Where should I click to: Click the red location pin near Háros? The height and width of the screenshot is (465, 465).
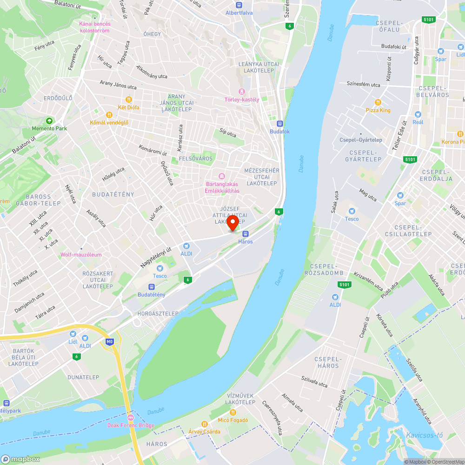point(233,222)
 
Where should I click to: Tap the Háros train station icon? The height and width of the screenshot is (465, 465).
point(246,234)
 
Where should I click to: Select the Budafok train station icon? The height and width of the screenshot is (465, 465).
point(279,124)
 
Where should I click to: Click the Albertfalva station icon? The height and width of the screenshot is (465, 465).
point(239,5)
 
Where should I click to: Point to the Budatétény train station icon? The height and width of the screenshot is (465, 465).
point(151,287)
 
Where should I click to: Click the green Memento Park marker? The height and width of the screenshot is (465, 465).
point(49,120)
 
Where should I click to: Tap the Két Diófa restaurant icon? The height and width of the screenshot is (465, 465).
point(129,100)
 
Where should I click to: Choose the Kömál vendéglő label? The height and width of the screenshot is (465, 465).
point(109,123)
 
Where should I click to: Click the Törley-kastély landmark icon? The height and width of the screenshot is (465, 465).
point(241,92)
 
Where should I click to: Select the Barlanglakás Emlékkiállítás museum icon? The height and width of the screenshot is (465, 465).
point(222,176)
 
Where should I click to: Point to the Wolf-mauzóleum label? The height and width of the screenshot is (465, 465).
point(81,255)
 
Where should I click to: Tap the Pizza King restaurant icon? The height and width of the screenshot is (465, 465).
point(378,102)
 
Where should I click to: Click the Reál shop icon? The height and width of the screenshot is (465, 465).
point(418,114)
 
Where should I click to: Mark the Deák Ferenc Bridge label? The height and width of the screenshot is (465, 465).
point(131,425)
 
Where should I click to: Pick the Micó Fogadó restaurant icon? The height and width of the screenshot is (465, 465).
point(233,412)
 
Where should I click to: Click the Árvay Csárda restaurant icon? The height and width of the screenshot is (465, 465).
point(204,424)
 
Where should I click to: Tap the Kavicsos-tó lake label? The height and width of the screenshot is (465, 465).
point(424,435)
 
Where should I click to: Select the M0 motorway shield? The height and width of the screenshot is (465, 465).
point(110,342)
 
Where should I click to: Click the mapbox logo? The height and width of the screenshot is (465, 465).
point(20,459)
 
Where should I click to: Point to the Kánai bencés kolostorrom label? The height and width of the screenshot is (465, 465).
point(94,27)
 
